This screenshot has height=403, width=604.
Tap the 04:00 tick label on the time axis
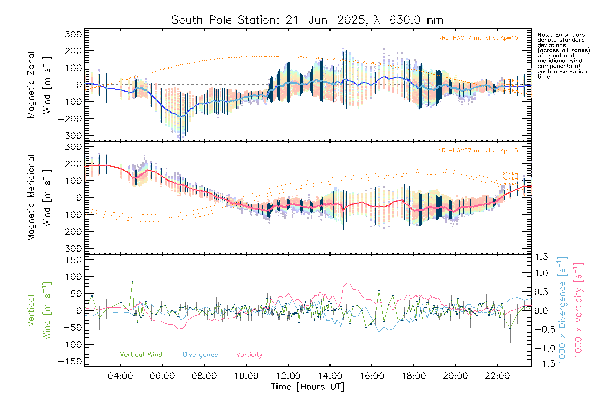tap(120, 376)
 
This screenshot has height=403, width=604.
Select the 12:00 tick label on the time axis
tap(288, 376)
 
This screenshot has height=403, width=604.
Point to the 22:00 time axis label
tap(497, 376)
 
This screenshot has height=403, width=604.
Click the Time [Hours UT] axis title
tap(308, 387)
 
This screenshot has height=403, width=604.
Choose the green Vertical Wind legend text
tap(141, 355)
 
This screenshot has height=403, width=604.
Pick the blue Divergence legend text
tap(200, 355)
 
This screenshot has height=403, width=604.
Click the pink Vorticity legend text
tap(249, 355)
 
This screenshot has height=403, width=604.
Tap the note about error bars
tap(563, 55)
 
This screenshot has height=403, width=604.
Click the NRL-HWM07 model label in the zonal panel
tap(478, 38)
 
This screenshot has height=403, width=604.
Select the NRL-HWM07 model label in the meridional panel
tap(478, 151)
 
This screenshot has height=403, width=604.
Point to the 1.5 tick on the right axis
tap(541, 257)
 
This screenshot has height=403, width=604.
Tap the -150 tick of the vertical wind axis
tap(70, 361)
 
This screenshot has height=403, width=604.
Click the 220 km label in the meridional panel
tap(510, 174)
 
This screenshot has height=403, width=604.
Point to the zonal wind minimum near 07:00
tap(181, 117)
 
